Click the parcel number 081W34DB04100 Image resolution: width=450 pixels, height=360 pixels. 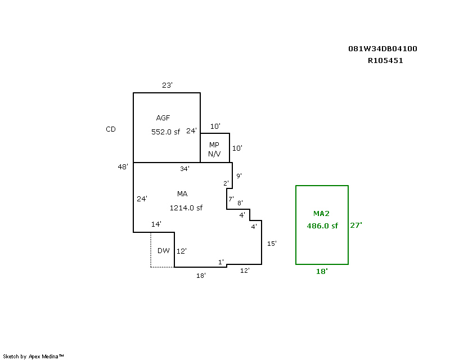click(382, 49)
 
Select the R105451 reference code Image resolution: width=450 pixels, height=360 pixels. click(385, 61)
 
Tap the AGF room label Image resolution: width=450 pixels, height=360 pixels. click(163, 118)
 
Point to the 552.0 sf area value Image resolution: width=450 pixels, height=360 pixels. click(165, 132)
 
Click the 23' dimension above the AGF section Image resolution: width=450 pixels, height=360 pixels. click(167, 85)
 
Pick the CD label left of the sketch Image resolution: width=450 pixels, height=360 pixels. click(111, 129)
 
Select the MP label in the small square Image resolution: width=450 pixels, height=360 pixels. click(214, 145)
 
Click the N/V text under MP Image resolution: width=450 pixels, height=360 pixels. click(214, 154)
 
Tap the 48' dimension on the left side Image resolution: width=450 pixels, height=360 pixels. click(123, 167)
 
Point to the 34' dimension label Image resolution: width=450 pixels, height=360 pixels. click(185, 169)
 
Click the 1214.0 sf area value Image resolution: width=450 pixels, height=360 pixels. click(186, 208)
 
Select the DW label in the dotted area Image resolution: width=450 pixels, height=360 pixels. click(164, 251)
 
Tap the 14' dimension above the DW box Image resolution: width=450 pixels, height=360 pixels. click(156, 224)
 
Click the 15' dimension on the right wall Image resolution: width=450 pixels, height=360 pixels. click(272, 244)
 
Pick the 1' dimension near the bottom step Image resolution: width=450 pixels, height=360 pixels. click(221, 262)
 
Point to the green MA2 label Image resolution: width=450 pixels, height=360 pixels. click(321, 214)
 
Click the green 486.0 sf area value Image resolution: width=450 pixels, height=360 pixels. click(322, 226)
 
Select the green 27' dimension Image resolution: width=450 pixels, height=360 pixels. click(356, 226)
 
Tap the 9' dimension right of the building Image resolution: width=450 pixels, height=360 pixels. click(239, 175)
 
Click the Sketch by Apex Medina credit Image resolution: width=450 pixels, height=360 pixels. click(33, 357)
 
